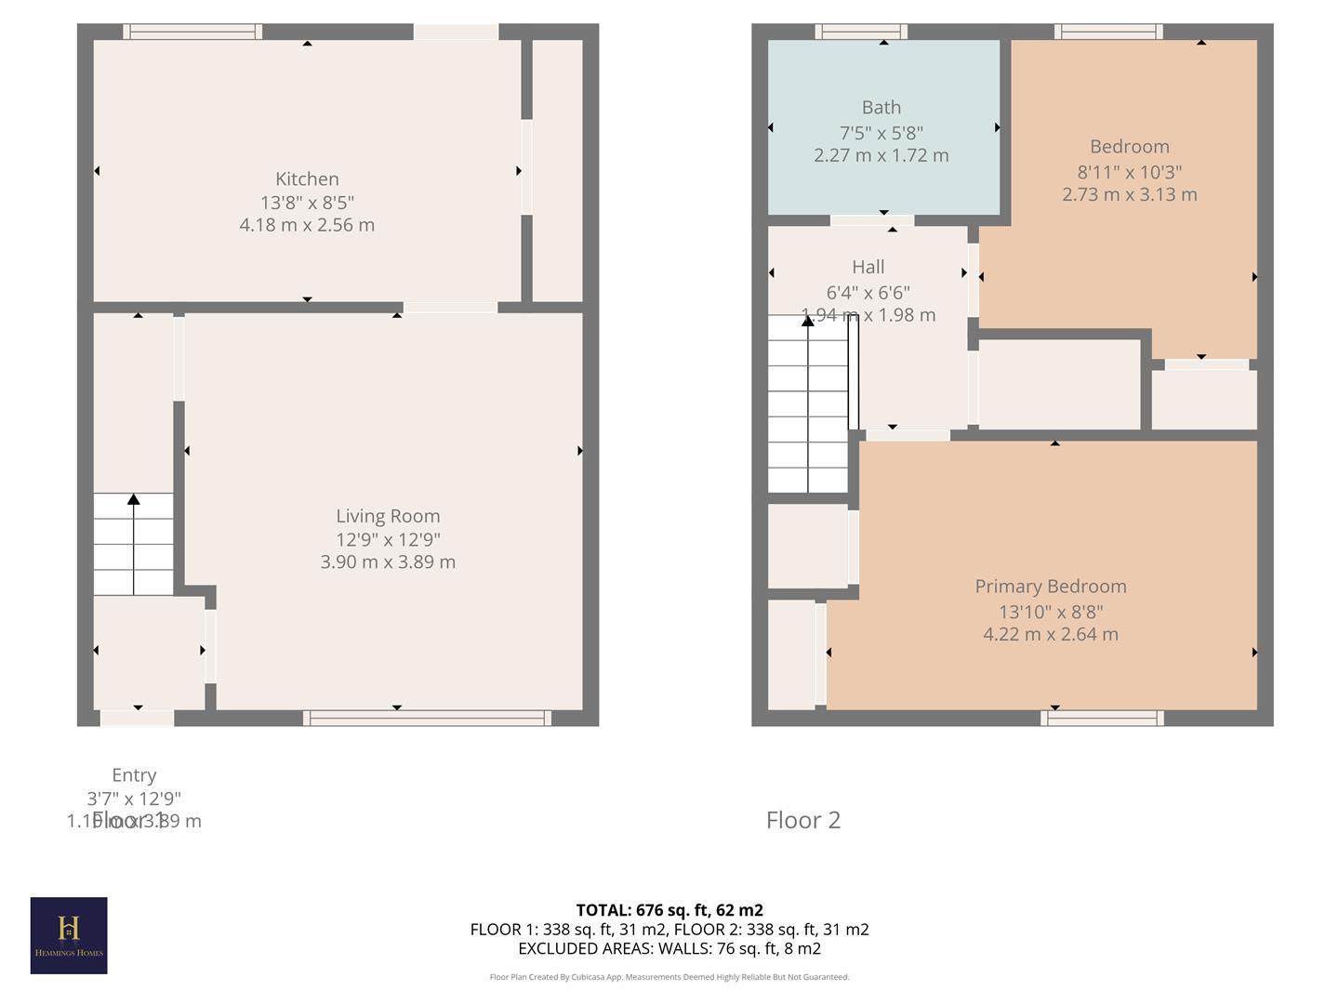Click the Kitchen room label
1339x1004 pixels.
[x=307, y=178]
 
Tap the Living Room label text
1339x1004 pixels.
[x=388, y=516]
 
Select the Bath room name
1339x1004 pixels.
[x=881, y=108]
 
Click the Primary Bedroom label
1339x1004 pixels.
[x=1050, y=587]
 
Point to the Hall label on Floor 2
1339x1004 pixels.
[x=868, y=267]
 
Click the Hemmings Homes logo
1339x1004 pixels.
[x=69, y=935]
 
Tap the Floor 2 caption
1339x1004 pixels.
[x=802, y=820]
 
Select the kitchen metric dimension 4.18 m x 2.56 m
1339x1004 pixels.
[x=307, y=225]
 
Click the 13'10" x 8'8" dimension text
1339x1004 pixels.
[x=1050, y=612]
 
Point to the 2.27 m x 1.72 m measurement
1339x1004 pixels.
[x=881, y=156]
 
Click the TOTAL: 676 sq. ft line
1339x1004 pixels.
[x=669, y=910]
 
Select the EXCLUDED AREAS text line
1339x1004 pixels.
[x=669, y=948]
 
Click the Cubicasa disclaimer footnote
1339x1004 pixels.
[x=669, y=977]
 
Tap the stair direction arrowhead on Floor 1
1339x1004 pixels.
[x=134, y=500]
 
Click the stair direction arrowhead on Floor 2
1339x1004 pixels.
[x=808, y=320]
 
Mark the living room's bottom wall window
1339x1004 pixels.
[x=427, y=718]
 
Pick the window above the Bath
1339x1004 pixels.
[x=861, y=32]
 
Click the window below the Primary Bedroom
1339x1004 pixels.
[x=1102, y=718]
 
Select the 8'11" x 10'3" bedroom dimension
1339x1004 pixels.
[x=1129, y=172]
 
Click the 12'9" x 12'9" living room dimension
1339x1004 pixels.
[x=388, y=539]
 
